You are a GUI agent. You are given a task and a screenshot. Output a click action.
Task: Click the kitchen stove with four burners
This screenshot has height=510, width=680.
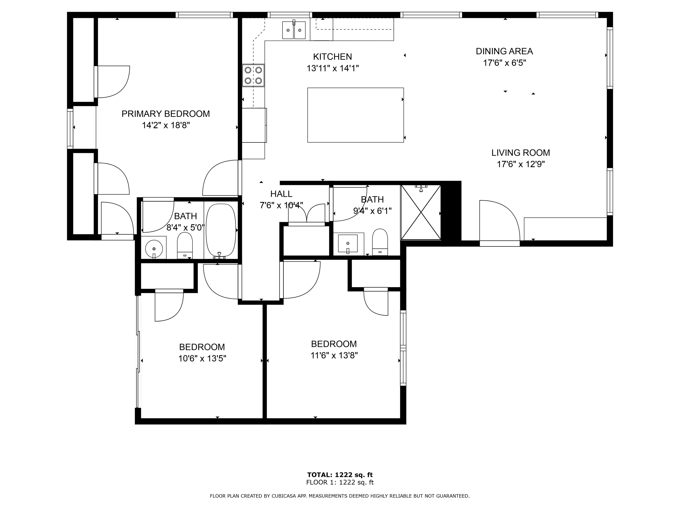253,75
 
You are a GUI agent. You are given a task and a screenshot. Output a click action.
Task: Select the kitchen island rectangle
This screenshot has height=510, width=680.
355,115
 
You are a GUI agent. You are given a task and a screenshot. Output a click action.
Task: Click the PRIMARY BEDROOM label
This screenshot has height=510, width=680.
166,114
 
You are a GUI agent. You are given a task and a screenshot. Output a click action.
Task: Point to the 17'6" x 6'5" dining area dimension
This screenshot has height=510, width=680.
504,63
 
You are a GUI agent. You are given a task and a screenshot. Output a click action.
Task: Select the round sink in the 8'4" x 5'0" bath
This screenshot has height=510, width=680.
154,247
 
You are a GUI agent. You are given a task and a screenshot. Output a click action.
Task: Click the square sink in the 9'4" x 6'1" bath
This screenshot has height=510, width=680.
348,244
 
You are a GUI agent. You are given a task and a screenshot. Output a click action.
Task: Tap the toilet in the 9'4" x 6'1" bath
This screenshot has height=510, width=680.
380,242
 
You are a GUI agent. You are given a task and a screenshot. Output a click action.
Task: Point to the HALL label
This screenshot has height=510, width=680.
281,194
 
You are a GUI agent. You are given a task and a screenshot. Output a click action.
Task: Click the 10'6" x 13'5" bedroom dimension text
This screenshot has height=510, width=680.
202,358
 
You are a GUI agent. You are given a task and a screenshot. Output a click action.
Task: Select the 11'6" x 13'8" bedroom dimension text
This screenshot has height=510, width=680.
334,355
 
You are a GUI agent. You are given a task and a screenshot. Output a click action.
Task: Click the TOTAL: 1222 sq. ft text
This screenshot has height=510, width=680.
340,475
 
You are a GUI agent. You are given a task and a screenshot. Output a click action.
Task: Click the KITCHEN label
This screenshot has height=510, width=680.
333,57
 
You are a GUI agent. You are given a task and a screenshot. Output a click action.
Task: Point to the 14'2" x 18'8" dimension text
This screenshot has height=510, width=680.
166,126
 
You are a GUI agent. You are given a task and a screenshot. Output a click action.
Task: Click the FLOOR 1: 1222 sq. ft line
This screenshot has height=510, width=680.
340,482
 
